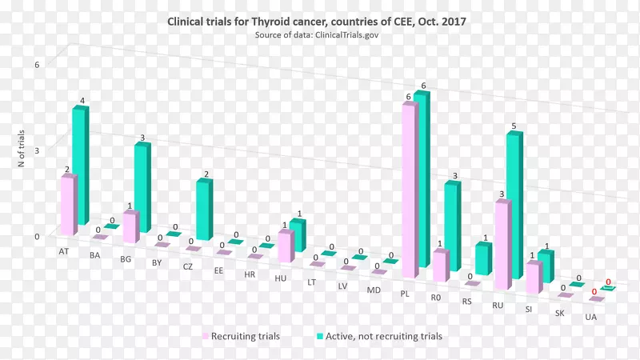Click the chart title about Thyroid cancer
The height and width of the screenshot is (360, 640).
pyautogui.click(x=316, y=22)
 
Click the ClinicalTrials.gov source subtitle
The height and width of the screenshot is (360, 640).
pyautogui.click(x=316, y=36)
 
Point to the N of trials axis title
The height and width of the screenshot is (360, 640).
pyautogui.click(x=22, y=148)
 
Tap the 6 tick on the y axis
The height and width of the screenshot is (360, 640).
pyautogui.click(x=36, y=65)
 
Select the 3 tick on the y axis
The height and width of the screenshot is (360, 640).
pyautogui.click(x=36, y=150)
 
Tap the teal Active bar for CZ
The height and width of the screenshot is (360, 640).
pyautogui.click(x=204, y=210)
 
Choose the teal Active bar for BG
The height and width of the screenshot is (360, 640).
pyautogui.click(x=141, y=188)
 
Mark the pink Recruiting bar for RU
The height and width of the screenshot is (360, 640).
pyautogui.click(x=502, y=244)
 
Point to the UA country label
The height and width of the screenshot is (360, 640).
pyautogui.click(x=590, y=318)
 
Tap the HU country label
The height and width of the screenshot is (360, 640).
pyautogui.click(x=280, y=278)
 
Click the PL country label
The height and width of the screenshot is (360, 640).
pyautogui.click(x=405, y=294)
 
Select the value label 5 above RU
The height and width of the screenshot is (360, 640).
pyautogui.click(x=514, y=126)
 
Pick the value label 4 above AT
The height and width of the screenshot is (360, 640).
pyautogui.click(x=82, y=101)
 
